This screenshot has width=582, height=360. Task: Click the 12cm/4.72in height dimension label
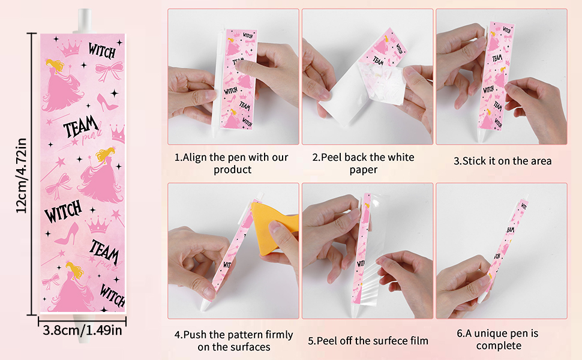(21, 175)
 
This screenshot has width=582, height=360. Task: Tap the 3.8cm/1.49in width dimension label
(82, 330)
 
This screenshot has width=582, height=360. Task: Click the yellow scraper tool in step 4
(275, 229)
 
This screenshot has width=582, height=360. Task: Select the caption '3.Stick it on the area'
(503, 161)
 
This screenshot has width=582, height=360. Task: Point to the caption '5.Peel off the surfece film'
(368, 341)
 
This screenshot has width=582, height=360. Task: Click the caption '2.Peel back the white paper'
(364, 163)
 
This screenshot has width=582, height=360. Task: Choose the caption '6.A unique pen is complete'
(498, 339)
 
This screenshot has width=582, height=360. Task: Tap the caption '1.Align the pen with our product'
(232, 163)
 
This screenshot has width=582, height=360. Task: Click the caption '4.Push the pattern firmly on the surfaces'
(234, 341)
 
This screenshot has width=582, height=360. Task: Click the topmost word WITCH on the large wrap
(102, 50)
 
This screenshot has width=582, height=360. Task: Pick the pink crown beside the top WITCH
(70, 48)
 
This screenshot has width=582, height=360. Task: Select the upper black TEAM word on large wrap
(81, 127)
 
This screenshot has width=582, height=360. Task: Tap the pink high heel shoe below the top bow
(107, 102)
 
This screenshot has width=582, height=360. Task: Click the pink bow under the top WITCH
(109, 71)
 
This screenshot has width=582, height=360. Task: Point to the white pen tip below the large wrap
(83, 328)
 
